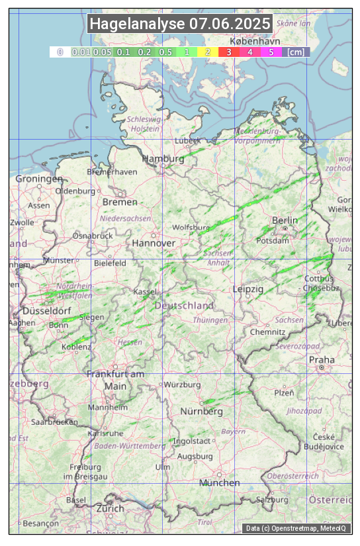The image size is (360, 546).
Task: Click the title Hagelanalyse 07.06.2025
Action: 180,24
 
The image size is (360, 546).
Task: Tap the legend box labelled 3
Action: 228,52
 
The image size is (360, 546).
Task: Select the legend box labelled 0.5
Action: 165,52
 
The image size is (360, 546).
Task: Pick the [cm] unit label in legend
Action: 296,52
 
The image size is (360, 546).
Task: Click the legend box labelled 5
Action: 271,52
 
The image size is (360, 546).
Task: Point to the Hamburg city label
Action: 163,159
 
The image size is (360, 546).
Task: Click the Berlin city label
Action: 285,220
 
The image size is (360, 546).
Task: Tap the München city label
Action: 219,482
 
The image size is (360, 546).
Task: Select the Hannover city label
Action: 154,243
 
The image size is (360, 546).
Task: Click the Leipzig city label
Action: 248,289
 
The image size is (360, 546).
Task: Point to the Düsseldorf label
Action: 46,311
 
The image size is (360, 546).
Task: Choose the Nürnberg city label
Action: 202,411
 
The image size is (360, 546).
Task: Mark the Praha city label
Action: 321,359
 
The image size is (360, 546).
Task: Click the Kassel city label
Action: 145,291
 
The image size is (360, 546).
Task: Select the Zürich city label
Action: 110,508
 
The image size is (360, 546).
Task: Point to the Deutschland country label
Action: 184,305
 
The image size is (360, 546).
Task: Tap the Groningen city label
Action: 39,179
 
